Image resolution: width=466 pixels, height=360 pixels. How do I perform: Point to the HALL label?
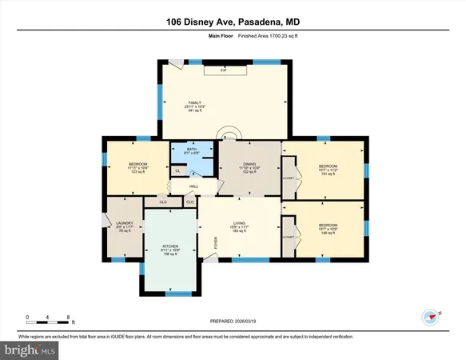click(x=193, y=187)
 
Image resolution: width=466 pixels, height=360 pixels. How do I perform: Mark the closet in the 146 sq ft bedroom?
click(x=288, y=237)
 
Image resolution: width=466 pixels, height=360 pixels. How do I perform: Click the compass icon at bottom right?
click(x=432, y=315)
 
